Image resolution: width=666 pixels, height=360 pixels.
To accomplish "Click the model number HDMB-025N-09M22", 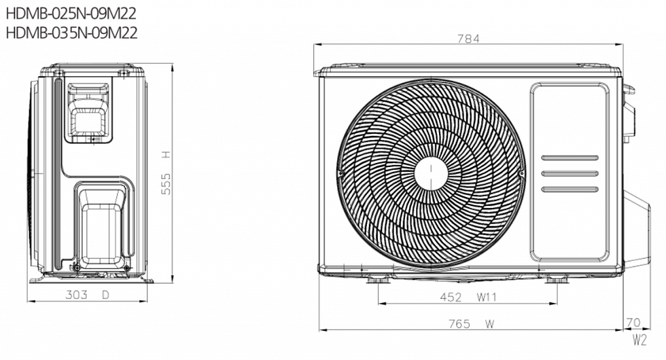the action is (71, 14).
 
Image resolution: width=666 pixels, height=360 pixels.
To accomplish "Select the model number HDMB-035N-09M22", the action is (71, 33).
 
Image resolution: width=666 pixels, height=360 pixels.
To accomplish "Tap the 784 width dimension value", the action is (468, 39).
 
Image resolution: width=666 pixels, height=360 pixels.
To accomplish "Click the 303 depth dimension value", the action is (76, 295).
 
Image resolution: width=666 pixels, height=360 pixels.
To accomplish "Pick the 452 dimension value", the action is (451, 298).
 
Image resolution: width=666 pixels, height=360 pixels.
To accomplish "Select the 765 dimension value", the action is (459, 325).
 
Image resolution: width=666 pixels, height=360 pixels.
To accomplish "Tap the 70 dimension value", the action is (633, 323).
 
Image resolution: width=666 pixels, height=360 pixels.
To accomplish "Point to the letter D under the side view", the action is (105, 295).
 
